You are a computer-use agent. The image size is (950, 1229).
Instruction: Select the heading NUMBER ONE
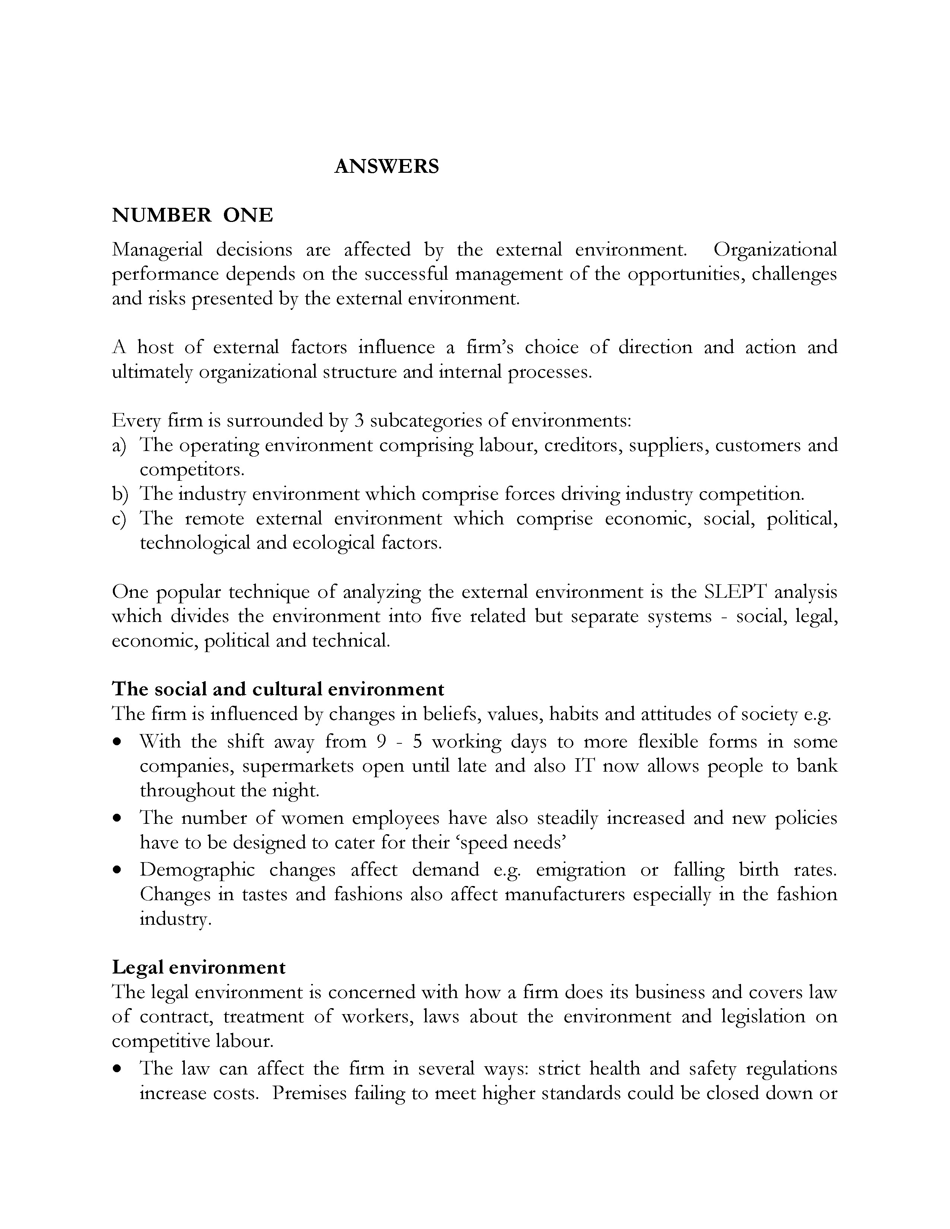tap(193, 215)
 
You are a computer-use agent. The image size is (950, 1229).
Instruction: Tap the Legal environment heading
tap(199, 967)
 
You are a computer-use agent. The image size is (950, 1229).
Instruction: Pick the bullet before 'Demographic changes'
tap(117, 870)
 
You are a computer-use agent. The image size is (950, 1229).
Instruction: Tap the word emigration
tap(580, 870)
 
